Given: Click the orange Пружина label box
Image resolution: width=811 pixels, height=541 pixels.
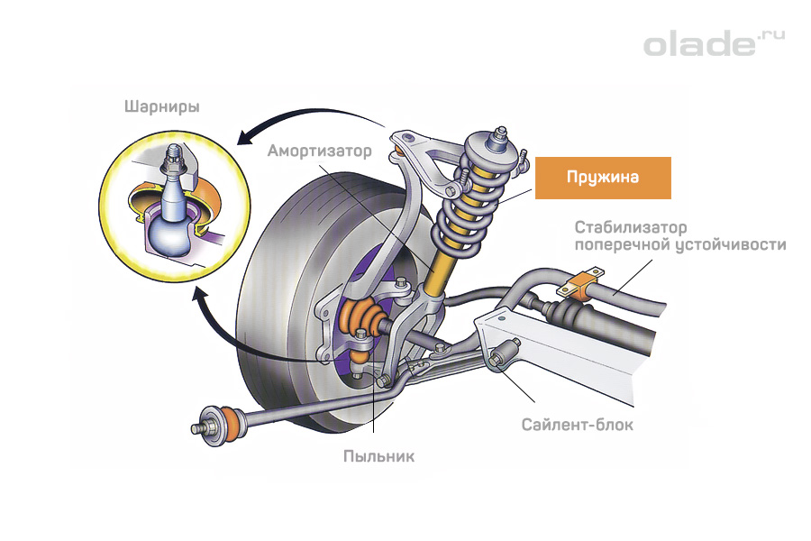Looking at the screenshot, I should (x=603, y=178).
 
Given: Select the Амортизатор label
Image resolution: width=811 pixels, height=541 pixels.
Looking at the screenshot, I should (x=319, y=151).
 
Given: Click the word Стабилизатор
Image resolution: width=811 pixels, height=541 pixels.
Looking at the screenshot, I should (x=631, y=226).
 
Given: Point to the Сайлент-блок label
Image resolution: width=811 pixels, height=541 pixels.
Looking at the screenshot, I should (x=578, y=424).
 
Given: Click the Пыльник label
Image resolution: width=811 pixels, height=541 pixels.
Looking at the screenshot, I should (x=378, y=456).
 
